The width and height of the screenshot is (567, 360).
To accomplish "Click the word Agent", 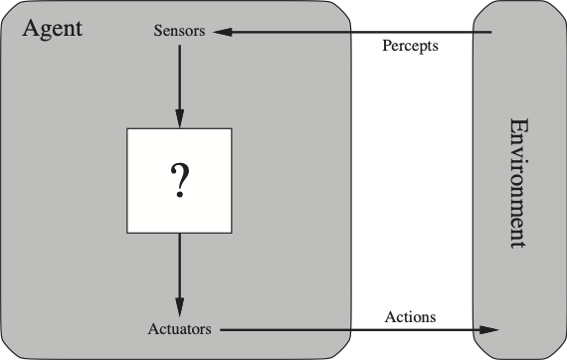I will [x=52, y=27].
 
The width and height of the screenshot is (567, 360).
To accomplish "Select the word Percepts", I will [x=411, y=47].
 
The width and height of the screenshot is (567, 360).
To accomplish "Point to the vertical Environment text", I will [x=518, y=183].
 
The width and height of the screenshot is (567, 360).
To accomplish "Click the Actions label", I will [x=410, y=317].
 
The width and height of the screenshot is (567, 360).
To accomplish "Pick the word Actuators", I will [x=181, y=328].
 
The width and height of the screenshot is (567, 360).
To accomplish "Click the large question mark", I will [x=179, y=180].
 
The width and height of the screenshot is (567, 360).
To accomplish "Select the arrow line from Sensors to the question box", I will [x=180, y=80].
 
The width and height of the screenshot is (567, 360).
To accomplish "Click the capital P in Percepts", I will [x=387, y=47].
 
